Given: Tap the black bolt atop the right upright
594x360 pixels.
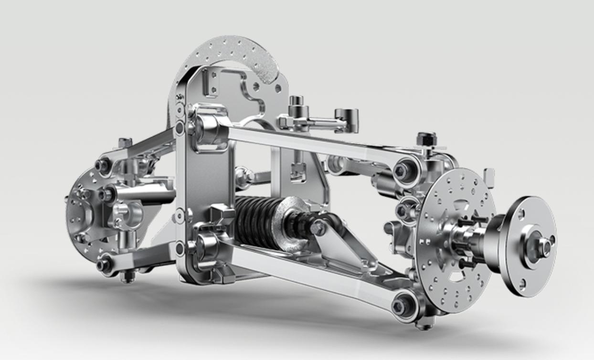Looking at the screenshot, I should click(426, 139).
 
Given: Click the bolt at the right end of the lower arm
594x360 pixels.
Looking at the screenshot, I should click(400, 304).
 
